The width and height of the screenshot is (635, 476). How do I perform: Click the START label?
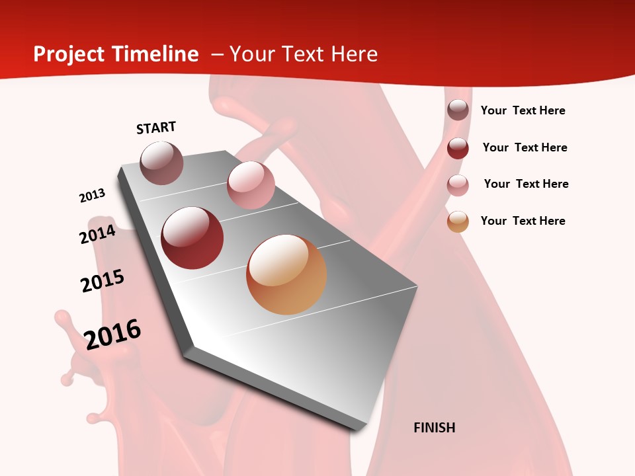(x=156, y=128)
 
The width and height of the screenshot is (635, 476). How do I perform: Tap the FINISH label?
(x=434, y=428)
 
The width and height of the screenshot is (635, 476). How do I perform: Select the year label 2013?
(x=92, y=196)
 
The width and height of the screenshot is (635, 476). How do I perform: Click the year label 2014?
(x=97, y=235)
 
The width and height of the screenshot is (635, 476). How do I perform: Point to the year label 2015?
(x=103, y=281)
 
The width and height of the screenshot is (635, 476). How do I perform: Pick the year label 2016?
(x=112, y=334)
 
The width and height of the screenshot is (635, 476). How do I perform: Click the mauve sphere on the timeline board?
(x=161, y=163)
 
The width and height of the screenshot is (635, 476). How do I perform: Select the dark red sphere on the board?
(x=192, y=238)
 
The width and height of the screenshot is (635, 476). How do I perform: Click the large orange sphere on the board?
(x=286, y=274)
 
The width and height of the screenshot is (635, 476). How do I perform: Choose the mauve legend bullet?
(x=458, y=110)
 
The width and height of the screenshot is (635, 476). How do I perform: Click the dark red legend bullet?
(x=458, y=148)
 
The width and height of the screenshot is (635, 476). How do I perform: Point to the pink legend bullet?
(x=458, y=185)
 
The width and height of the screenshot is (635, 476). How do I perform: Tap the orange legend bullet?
(x=458, y=221)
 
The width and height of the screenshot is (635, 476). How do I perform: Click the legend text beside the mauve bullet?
(x=523, y=110)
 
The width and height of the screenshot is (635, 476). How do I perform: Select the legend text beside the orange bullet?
(x=523, y=221)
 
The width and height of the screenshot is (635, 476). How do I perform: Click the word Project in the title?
(x=68, y=54)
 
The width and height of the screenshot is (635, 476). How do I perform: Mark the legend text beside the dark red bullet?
(x=525, y=147)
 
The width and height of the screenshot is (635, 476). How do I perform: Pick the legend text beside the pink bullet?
(x=526, y=184)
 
